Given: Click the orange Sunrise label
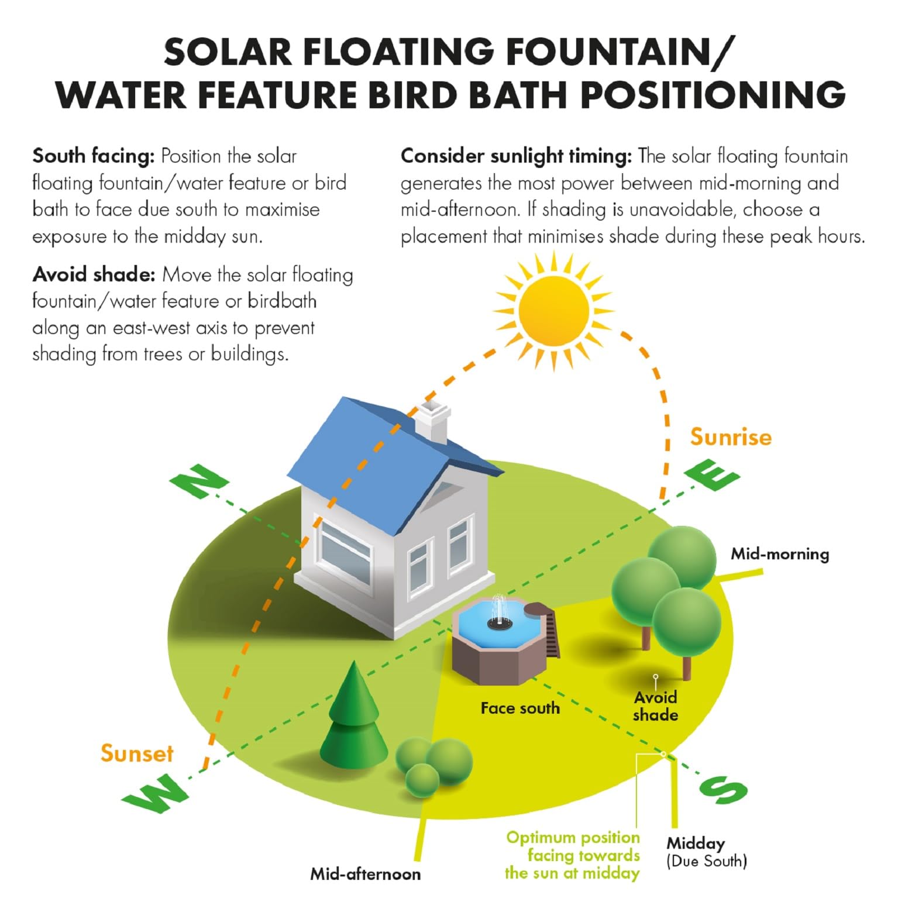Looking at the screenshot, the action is pos(731,437).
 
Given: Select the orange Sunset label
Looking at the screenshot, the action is pos(137,753).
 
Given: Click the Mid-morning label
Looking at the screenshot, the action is pos(780,554).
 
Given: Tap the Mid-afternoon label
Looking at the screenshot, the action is pos(365,874).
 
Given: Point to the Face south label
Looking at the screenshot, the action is pos(520,708).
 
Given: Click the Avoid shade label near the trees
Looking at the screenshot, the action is pos(655,706).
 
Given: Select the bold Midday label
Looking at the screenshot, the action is pos(696,843).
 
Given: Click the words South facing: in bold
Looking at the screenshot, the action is pos(94,157).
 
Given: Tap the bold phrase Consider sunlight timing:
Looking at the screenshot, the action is pos(517,157).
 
